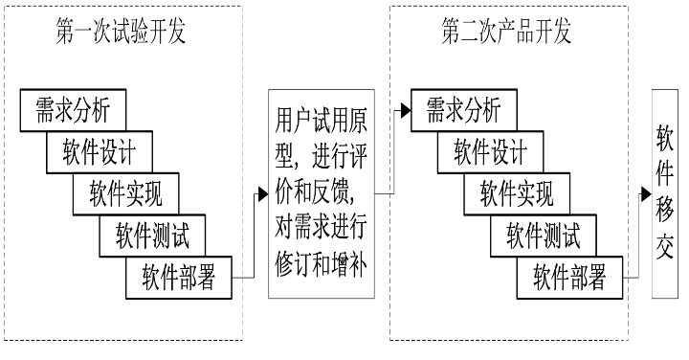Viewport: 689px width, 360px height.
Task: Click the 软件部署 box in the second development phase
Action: pos(568,279)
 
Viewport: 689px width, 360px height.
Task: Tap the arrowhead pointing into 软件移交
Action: pos(646,192)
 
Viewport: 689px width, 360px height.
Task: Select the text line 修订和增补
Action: pos(321,259)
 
